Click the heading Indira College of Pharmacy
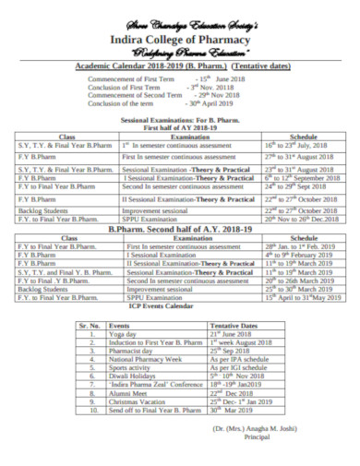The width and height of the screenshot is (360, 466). [180, 40]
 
